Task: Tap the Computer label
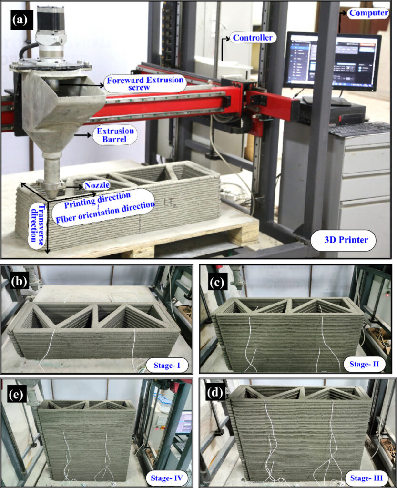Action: [368, 13]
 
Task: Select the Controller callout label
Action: [253, 38]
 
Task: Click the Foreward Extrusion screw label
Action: [145, 83]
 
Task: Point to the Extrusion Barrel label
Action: [115, 135]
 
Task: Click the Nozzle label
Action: [97, 185]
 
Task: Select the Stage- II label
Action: [364, 364]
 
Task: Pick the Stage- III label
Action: [366, 478]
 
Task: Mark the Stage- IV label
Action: [166, 478]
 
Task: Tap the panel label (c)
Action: [217, 283]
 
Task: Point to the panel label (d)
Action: [215, 393]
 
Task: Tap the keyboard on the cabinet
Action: [359, 128]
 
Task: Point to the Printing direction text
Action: [97, 201]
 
